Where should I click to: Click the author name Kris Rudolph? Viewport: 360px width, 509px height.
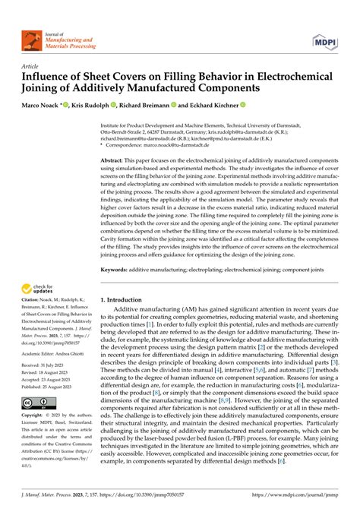[90, 106]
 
